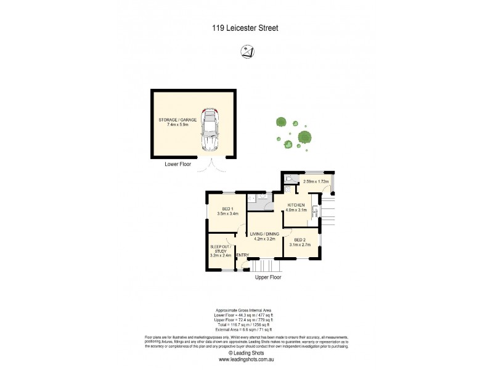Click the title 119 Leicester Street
pos(246,27)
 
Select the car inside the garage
pos(211,129)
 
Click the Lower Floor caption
pos(178,165)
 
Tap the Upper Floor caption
pos(269,278)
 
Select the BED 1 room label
pos(227,210)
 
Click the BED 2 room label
pos(300,239)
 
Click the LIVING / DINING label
pos(264,234)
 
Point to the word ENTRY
pos(242,255)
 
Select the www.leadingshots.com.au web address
pos(245,360)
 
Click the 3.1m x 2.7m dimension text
pos(300,245)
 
